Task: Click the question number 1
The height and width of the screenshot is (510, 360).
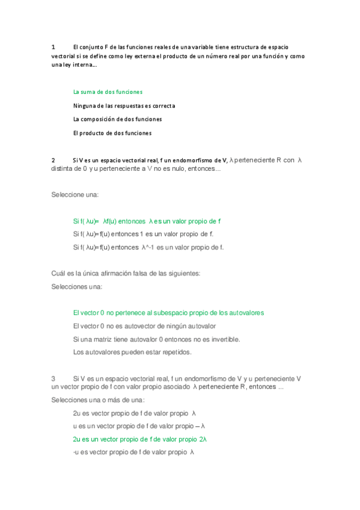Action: click(x=53, y=46)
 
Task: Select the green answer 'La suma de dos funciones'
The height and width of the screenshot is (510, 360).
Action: click(x=108, y=92)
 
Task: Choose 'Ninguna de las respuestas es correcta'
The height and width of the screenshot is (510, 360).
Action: click(x=124, y=106)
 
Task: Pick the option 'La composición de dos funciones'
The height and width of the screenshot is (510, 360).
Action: click(x=117, y=119)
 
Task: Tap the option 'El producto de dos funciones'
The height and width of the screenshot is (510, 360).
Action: click(x=112, y=133)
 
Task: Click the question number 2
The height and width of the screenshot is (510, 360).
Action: click(x=53, y=160)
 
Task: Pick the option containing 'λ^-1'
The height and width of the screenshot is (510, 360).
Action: click(x=148, y=247)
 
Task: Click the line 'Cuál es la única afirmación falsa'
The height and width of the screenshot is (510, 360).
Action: click(x=126, y=274)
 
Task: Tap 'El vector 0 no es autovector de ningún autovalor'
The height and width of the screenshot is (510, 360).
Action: click(x=144, y=326)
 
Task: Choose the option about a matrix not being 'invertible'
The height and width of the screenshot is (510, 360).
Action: click(x=156, y=339)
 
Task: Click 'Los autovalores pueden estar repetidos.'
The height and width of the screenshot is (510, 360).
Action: click(x=132, y=352)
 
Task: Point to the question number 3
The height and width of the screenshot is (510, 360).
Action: click(x=53, y=378)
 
